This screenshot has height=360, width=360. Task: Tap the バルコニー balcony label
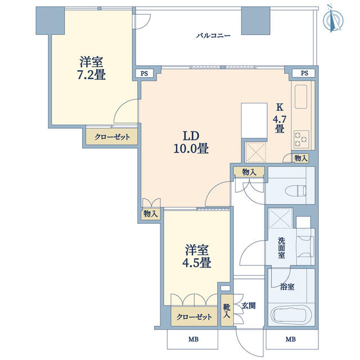[213, 36]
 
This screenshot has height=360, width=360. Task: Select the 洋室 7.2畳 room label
[91, 68]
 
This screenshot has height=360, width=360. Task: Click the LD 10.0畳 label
[191, 142]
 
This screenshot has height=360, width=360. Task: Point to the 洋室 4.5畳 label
[197, 256]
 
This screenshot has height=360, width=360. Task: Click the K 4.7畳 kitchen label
[280, 118]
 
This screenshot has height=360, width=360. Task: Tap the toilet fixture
[295, 190]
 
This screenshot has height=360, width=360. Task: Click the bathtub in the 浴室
[291, 314]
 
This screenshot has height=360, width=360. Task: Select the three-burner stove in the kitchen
[301, 139]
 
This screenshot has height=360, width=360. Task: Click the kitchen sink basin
[301, 97]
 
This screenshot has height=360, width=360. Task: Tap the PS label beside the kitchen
[304, 73]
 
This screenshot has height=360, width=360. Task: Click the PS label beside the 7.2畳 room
[144, 74]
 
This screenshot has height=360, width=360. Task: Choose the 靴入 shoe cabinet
[227, 310]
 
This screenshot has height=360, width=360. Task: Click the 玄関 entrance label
[249, 306]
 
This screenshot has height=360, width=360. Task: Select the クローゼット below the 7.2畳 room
[112, 137]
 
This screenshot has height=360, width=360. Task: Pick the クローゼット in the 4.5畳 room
[194, 317]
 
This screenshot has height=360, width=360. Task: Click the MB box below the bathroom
[292, 339]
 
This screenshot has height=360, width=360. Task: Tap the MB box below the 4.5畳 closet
[192, 339]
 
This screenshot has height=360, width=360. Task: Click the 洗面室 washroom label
[281, 248]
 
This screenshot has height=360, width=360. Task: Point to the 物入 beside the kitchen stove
[301, 158]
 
